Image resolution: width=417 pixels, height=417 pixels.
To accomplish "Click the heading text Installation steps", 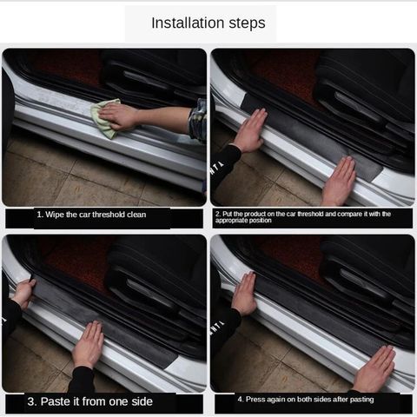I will [x=208, y=23].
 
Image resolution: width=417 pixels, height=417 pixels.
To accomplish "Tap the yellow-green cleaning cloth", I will [x=105, y=119].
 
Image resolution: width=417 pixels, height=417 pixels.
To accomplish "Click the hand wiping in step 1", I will [x=121, y=116].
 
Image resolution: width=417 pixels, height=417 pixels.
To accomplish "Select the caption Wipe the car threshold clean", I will [x=91, y=215].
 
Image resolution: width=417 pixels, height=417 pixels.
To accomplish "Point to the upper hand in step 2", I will [x=249, y=131].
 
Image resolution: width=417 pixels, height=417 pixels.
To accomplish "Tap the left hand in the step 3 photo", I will [x=23, y=293].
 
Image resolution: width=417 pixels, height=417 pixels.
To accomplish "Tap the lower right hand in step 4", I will [x=375, y=369].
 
